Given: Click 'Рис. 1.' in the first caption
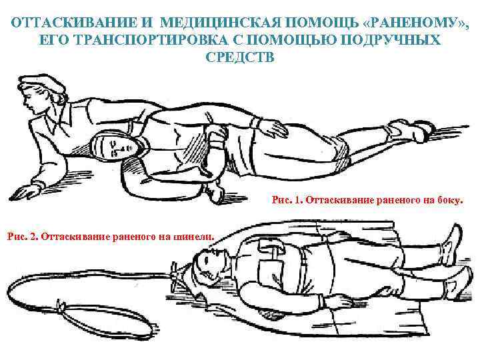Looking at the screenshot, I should click(x=287, y=199).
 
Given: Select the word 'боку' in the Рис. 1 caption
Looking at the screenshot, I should click(x=445, y=199).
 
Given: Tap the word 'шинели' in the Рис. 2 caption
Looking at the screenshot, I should click(x=197, y=235).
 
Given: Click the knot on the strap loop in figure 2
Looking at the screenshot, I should click(x=63, y=306).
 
